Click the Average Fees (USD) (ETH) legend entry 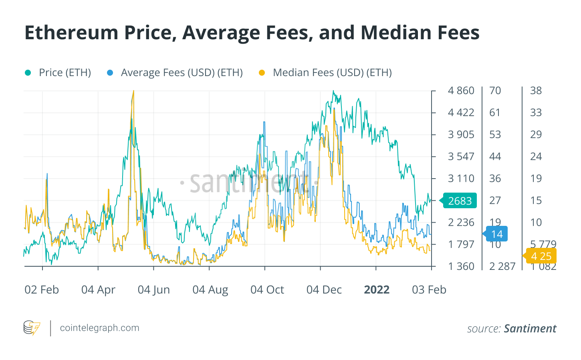(182, 72)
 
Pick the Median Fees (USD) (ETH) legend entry (332, 72)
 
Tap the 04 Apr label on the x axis (98, 290)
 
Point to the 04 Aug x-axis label (210, 290)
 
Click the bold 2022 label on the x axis (377, 290)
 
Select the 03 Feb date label (429, 290)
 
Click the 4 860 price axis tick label (461, 91)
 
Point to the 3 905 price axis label (461, 135)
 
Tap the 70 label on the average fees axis (495, 91)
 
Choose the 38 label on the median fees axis (536, 91)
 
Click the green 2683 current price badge (460, 201)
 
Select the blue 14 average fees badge (496, 234)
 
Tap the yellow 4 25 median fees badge (541, 256)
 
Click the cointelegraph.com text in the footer (99, 328)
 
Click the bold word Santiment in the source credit (530, 329)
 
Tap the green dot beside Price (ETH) (28, 72)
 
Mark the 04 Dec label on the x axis (324, 290)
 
